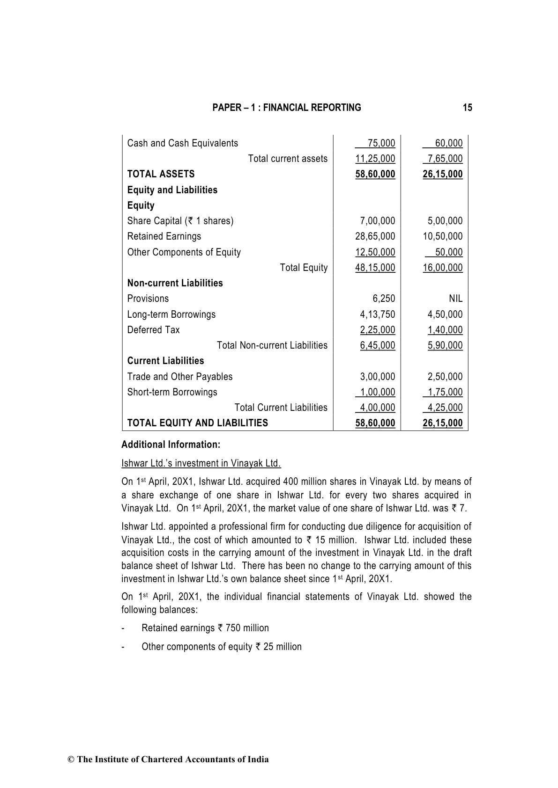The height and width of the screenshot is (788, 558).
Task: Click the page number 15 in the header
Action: click(467, 108)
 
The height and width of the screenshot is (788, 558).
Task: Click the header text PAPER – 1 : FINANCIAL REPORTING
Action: click(287, 108)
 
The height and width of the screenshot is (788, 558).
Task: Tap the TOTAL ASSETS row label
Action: click(161, 174)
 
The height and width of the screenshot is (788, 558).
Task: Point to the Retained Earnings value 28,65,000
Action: click(375, 236)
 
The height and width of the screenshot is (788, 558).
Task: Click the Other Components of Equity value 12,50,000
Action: click(375, 252)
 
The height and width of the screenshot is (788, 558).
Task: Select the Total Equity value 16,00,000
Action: click(442, 268)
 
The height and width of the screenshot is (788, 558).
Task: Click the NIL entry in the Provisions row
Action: click(455, 299)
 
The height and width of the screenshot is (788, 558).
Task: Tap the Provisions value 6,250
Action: click(384, 299)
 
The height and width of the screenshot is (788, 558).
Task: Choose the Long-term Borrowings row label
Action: click(171, 314)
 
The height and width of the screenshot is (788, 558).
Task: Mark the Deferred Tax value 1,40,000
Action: click(445, 330)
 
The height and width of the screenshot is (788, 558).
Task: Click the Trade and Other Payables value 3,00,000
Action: click(377, 377)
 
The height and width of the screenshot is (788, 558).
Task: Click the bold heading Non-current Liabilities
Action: click(175, 283)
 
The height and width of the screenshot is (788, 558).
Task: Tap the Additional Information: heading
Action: click(171, 445)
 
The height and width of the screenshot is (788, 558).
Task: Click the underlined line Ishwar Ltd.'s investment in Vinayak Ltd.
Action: click(201, 463)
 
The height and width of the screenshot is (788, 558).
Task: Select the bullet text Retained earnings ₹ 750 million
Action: click(205, 628)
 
